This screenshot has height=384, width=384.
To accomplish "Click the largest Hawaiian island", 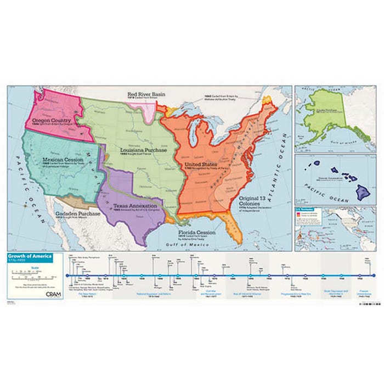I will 364,193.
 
